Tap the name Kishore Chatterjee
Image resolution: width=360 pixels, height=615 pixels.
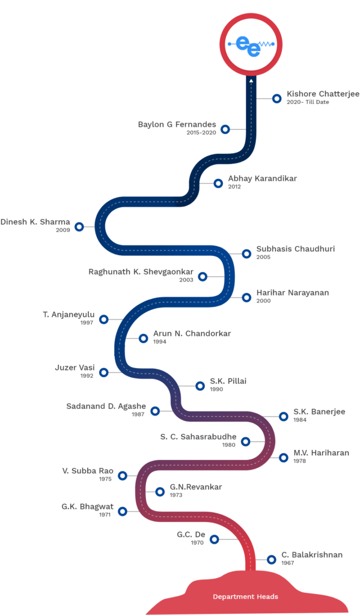[x=323, y=94]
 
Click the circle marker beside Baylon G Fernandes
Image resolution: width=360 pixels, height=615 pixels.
[x=225, y=129]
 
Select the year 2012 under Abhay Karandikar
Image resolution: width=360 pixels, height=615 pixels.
[x=234, y=187]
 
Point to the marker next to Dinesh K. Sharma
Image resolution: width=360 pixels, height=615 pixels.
[x=79, y=226]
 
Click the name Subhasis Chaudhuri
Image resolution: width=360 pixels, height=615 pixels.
[x=296, y=249]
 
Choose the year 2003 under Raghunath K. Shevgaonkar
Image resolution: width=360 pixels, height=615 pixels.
[x=186, y=280]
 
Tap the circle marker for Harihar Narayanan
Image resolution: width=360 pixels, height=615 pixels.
[x=246, y=298]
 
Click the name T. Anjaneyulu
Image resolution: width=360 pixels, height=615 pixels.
[x=69, y=315]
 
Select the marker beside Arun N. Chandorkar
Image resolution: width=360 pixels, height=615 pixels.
[x=143, y=338]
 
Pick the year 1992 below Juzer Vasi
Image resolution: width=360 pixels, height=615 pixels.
[x=87, y=376]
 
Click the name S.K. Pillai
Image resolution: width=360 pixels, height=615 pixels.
[x=228, y=381]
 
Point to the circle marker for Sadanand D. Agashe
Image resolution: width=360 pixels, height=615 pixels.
[x=155, y=411]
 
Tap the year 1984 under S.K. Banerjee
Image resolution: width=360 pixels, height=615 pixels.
[x=300, y=420]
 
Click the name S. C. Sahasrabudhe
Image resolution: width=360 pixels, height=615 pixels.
[x=198, y=437]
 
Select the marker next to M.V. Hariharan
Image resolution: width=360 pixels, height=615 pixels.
[x=284, y=457]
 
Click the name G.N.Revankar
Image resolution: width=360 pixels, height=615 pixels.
[x=196, y=486]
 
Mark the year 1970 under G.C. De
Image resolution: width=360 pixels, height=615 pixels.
[x=197, y=543]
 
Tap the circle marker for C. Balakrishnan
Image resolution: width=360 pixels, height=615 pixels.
[x=271, y=560]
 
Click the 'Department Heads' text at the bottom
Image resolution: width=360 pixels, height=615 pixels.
[x=245, y=596]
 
